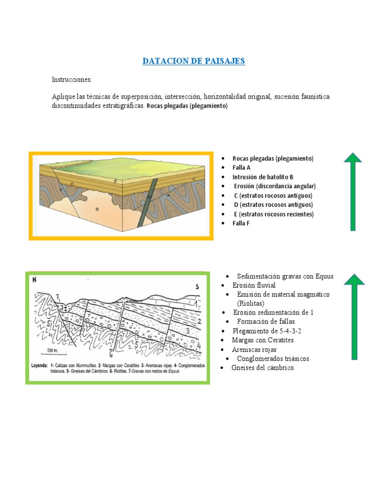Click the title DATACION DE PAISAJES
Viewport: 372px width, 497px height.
coord(194,61)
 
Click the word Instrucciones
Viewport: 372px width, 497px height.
coord(72,79)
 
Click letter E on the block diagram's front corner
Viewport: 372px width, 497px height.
coord(115,180)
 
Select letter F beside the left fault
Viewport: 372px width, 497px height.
coord(61,188)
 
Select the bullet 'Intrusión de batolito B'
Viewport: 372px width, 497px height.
coord(263,177)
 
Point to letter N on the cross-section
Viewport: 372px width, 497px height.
coord(34,280)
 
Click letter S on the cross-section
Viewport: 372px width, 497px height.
coord(198,286)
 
